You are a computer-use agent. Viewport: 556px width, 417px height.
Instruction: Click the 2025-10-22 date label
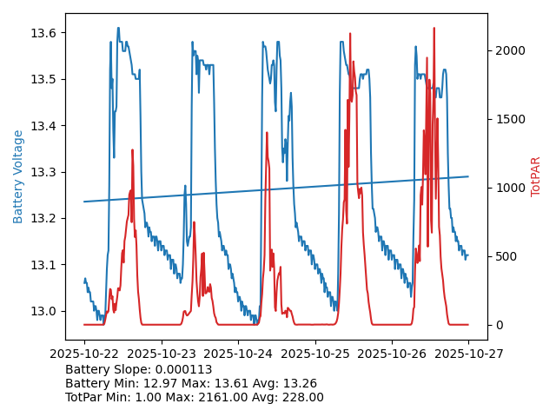[x=84, y=354]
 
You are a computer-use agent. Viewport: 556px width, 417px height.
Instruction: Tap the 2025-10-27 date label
[x=468, y=354]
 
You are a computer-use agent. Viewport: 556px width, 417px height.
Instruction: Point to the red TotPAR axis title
[x=536, y=176]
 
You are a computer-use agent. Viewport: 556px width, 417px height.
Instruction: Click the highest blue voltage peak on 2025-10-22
[x=118, y=28]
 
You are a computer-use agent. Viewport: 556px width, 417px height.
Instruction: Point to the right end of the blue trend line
[x=468, y=176]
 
